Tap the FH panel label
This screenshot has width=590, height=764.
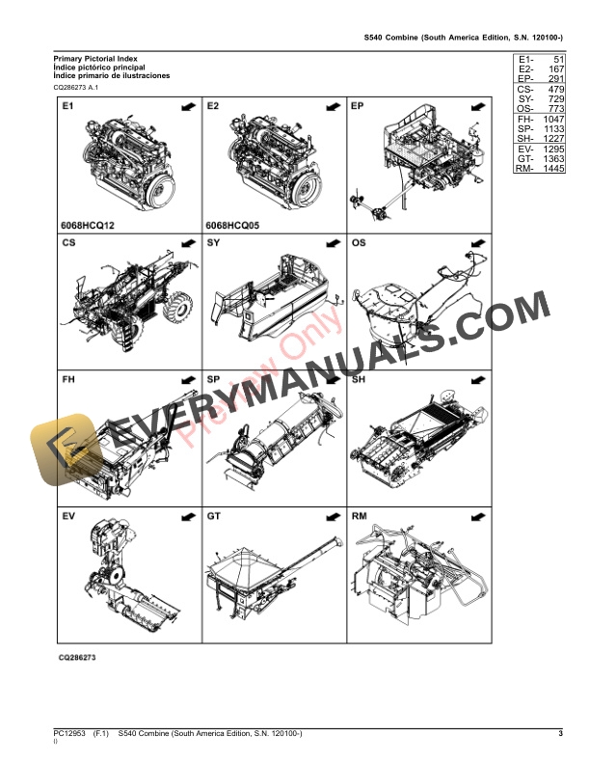pos(69,380)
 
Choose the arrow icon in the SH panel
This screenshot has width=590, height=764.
pos(475,382)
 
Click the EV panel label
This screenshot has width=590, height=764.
pos(69,517)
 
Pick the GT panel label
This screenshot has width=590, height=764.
pos(214,517)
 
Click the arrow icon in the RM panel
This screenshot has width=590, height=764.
pos(475,519)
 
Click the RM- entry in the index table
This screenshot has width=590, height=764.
pos(524,169)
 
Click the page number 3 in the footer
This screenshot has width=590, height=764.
pos(560,735)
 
